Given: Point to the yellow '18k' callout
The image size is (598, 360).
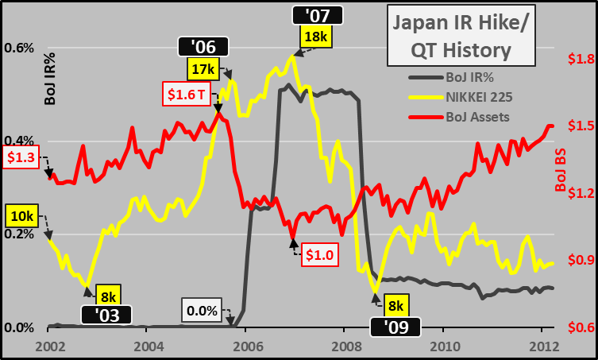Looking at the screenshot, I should [314, 36].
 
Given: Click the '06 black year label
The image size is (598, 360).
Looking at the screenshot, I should [204, 48].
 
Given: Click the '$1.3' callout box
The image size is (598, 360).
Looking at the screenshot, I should [21, 157].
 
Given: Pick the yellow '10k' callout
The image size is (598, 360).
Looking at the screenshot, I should [21, 216].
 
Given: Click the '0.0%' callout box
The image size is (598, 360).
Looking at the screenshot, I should [202, 310].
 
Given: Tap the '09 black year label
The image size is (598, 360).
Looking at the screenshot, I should [395, 326].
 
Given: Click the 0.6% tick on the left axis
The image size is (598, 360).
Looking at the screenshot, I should [18, 48].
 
